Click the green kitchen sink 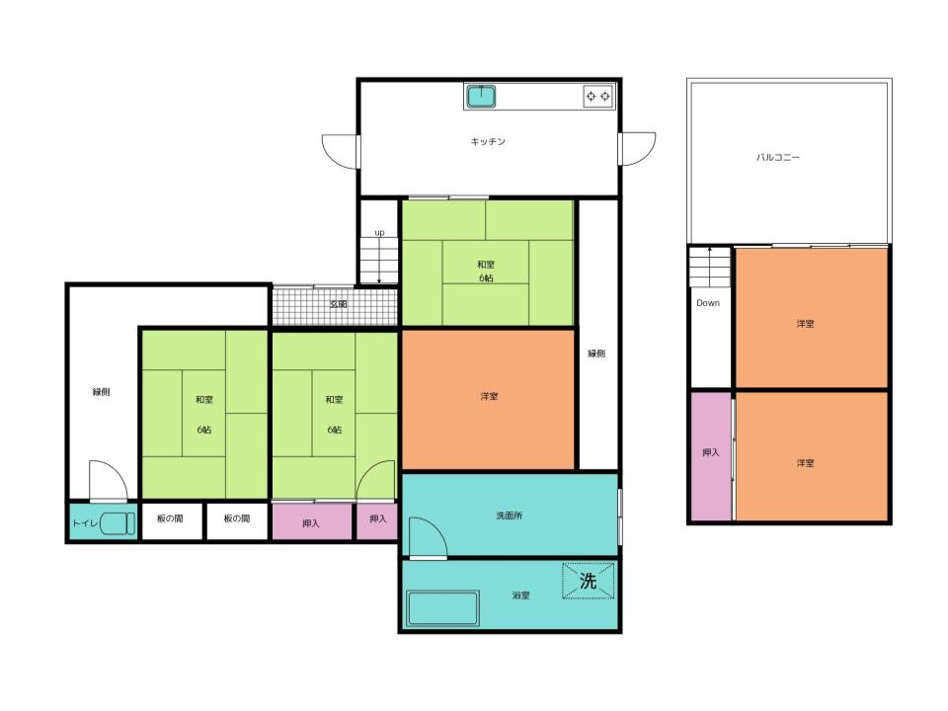tap(481, 96)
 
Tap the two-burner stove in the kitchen tap(598, 96)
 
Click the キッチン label tap(488, 141)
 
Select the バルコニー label tap(778, 157)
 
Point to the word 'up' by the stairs tap(379, 233)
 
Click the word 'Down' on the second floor tap(708, 303)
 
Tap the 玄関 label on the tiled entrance tap(338, 304)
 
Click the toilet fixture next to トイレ tap(118, 523)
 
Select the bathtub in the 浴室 tap(443, 609)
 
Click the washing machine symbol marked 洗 tap(589, 581)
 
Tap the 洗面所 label tap(510, 515)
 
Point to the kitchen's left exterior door tap(341, 151)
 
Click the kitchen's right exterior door tap(637, 149)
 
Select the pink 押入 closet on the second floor tap(711, 456)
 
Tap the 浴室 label tap(520, 595)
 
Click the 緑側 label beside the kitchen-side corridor tap(596, 354)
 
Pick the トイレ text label tap(85, 523)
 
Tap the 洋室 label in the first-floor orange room tap(489, 397)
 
